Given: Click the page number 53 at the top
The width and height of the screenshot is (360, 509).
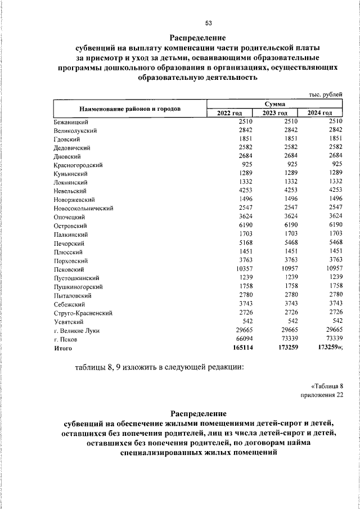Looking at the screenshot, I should (209, 23).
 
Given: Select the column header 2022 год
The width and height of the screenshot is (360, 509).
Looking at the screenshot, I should (229, 113).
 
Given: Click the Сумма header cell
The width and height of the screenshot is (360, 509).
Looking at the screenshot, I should (274, 104).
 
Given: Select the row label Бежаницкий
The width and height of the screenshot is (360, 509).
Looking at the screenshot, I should (69, 121).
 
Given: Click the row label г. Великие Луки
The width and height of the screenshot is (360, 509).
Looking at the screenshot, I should (77, 331).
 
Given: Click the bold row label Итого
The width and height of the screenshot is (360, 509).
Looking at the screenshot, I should (64, 349).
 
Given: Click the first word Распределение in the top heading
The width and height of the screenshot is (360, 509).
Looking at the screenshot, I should (197, 38).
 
